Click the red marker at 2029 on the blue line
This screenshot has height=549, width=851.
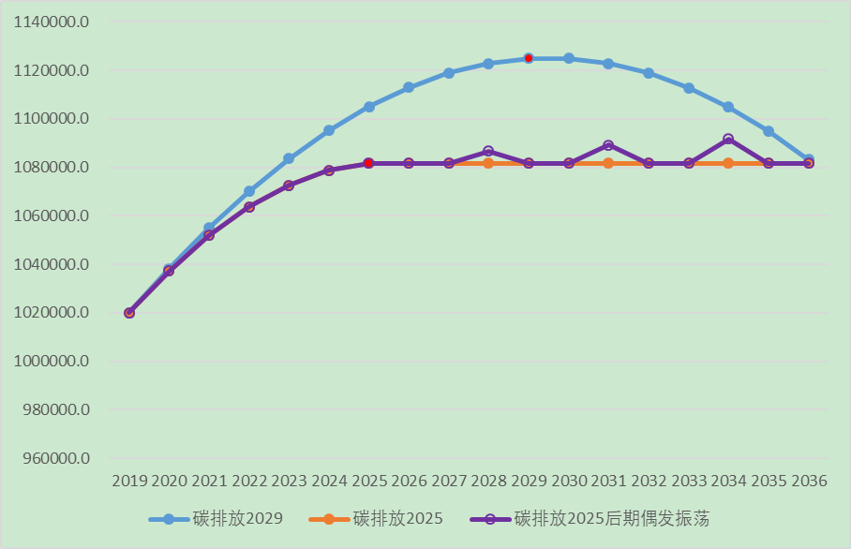point(529,58)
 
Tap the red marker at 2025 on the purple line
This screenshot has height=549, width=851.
point(369,163)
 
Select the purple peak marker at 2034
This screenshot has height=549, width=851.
point(728,139)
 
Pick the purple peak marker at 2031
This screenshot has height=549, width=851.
point(608,145)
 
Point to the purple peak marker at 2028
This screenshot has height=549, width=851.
point(488,151)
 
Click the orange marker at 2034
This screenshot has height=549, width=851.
point(728,163)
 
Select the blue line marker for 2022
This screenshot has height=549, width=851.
point(249,191)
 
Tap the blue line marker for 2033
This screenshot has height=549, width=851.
point(689,88)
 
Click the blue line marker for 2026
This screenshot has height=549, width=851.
point(409,87)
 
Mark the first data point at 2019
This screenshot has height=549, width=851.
point(129,313)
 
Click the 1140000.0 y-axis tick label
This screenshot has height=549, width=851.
point(52,22)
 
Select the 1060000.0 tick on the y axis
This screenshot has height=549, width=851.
point(52,215)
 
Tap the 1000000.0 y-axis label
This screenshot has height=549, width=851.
point(52,362)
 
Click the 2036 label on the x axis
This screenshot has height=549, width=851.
point(809,482)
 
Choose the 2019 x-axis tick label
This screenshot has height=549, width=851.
point(129,482)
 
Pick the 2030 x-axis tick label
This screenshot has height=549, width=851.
point(569,482)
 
